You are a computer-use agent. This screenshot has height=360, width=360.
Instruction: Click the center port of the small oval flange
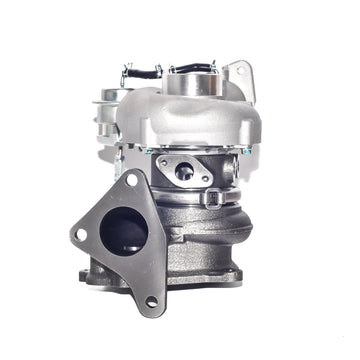coord(184,171)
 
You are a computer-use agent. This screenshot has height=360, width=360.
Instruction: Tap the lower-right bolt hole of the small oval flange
coord(205,181)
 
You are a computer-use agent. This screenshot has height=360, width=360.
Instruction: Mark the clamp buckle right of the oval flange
coord(212,197)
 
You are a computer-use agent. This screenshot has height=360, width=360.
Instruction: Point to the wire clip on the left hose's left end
coord(125,72)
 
